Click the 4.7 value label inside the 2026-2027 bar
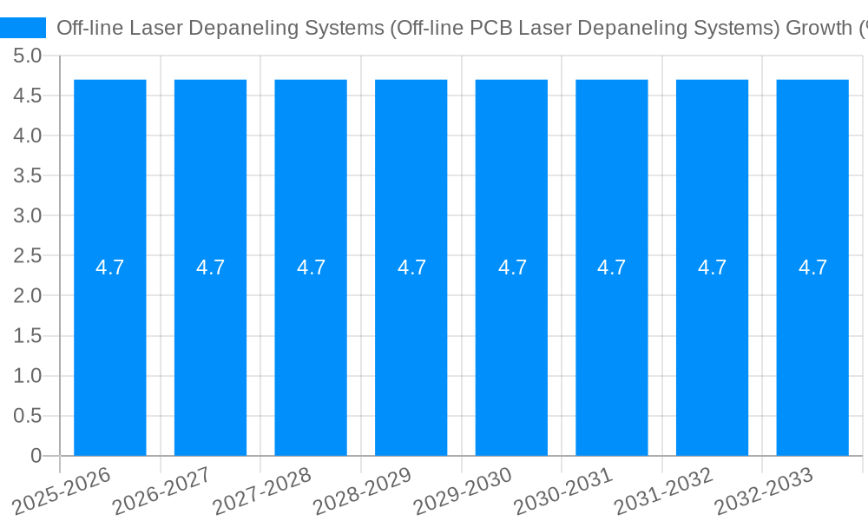point(210,267)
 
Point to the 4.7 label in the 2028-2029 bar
point(411,267)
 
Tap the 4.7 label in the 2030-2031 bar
point(612,267)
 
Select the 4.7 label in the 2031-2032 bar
point(713,267)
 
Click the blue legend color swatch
point(23,28)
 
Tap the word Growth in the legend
point(818,28)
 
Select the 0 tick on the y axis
point(36,456)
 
